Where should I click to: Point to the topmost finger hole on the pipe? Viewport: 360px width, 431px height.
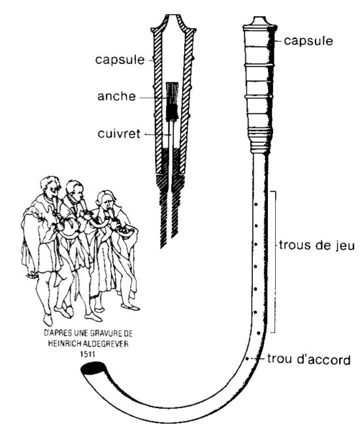(256, 203)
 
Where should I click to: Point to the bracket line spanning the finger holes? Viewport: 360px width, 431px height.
(280, 261)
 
